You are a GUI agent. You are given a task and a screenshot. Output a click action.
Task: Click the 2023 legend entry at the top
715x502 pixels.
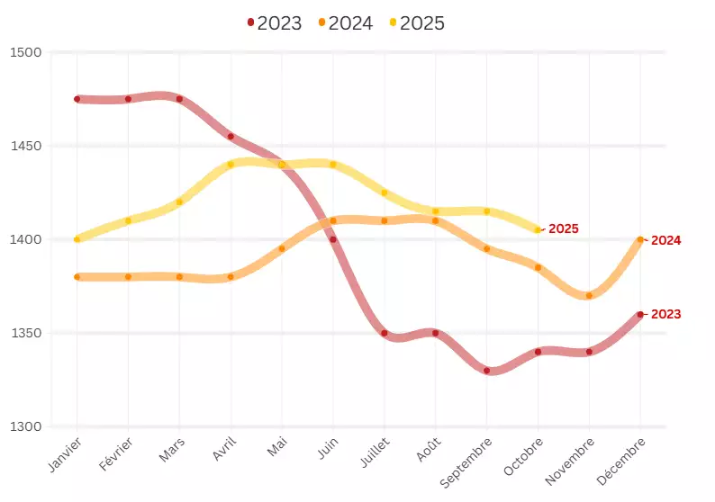tap(274, 23)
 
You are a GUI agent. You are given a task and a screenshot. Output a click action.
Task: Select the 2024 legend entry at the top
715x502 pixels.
tap(345, 23)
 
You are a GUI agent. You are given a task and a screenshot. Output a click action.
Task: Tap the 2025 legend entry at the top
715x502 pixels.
tap(416, 23)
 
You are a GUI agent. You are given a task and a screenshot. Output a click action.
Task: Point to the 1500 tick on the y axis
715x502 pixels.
tap(27, 52)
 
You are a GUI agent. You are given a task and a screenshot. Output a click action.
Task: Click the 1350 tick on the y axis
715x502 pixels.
tap(27, 333)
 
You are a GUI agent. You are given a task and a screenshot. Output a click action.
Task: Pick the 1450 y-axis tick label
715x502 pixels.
tap(27, 146)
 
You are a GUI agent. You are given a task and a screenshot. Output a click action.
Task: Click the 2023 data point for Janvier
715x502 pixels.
tap(77, 99)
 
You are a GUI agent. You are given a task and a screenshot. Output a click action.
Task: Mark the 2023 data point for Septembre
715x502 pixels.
tap(487, 371)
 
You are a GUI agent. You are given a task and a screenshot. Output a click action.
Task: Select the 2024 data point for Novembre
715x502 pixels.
tap(589, 296)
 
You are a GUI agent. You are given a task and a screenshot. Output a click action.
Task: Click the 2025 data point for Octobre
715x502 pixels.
tap(539, 230)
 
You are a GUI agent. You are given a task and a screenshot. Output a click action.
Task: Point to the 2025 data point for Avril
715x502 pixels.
tap(231, 165)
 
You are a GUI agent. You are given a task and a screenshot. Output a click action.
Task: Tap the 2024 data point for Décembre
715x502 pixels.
tap(640, 239)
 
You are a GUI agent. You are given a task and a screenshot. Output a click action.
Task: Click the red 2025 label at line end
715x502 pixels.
tap(563, 229)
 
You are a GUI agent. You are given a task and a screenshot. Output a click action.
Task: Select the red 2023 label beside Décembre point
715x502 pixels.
tap(665, 314)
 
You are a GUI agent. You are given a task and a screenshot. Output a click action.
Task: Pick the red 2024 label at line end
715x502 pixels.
tap(665, 240)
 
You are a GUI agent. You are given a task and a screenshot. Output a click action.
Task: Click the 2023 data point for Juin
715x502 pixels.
tap(333, 239)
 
